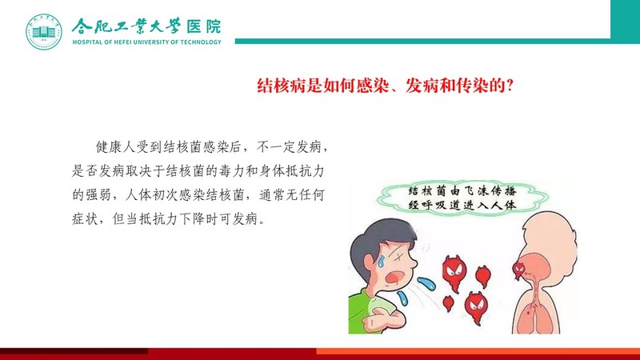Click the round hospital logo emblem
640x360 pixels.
pyautogui.click(x=44, y=31)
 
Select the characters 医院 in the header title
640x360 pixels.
pyautogui.click(x=204, y=26)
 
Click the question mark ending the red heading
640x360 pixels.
pyautogui.click(x=509, y=86)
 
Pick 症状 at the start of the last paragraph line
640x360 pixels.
pyautogui.click(x=86, y=218)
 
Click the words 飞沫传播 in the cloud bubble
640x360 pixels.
pyautogui.click(x=494, y=191)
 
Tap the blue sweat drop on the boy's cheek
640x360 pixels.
pyautogui.click(x=381, y=261)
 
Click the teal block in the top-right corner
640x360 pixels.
pyautogui.click(x=626, y=22)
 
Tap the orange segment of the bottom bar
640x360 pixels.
pyautogui.click(x=478, y=351)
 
